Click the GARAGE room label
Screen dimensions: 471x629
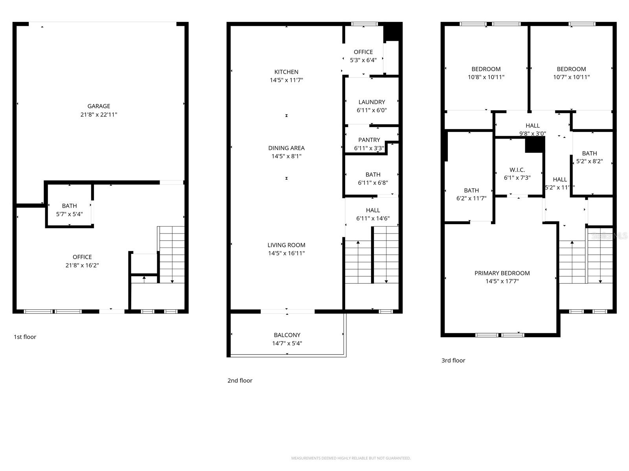pos(99,106)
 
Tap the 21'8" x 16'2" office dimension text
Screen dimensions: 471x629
pos(82,265)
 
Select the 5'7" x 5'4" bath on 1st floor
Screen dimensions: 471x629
pos(70,210)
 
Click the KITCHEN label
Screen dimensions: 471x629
pos(286,72)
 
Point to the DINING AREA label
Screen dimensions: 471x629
pos(286,148)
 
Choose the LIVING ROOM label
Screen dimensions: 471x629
pos(286,245)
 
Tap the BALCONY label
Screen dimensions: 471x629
pos(287,335)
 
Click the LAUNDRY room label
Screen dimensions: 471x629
pos(372,102)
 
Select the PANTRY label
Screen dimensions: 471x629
pos(369,140)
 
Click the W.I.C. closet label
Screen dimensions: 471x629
pos(517,170)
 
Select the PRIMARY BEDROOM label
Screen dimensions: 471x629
pos(502,273)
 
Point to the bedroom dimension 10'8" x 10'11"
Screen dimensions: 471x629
pos(486,77)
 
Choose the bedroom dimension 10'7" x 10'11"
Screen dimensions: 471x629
pos(571,77)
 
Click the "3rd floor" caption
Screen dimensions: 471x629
pos(453,360)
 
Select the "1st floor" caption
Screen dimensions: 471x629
pos(25,337)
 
